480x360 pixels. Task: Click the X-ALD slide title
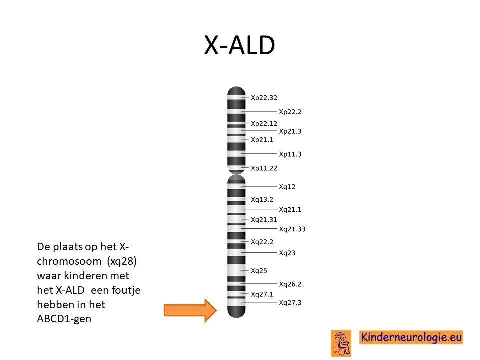[239, 45]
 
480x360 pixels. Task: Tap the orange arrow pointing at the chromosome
[190, 310]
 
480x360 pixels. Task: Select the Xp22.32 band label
[264, 98]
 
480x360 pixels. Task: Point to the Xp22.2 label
[290, 112]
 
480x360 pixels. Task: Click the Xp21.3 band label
[290, 131]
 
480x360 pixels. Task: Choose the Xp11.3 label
[290, 154]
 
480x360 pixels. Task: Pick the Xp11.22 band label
[264, 168]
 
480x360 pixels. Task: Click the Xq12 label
[287, 187]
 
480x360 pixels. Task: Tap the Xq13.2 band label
[262, 200]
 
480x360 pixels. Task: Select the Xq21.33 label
[292, 229]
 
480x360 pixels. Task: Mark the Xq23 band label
[287, 253]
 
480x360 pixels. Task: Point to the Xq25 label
[259, 271]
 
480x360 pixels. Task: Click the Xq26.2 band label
[290, 284]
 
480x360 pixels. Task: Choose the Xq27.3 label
[290, 303]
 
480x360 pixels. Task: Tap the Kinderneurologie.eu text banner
[411, 337]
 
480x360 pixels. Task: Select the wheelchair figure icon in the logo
[341, 343]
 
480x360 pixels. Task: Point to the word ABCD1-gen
[64, 319]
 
